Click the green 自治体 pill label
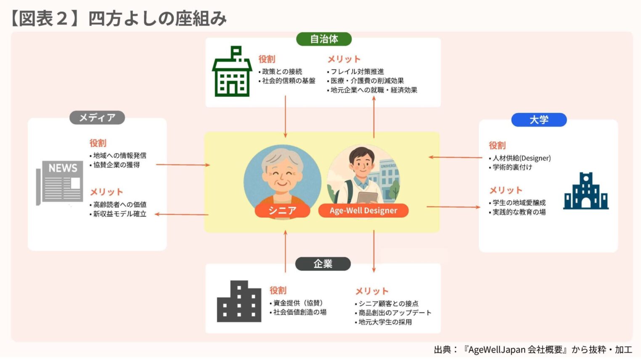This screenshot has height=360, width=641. (x=324, y=39)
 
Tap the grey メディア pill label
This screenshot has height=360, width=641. (x=97, y=118)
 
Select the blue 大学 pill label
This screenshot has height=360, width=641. (x=539, y=120)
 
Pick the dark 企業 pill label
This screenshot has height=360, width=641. (x=323, y=264)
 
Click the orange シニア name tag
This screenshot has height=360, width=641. (x=282, y=210)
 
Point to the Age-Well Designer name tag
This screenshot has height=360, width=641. (x=363, y=210)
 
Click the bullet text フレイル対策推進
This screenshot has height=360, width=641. (x=357, y=71)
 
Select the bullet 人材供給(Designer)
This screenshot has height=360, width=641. (x=522, y=158)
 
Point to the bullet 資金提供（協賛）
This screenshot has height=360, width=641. (x=298, y=303)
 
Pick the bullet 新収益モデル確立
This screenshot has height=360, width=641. (x=119, y=214)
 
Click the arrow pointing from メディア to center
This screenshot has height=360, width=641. (x=183, y=165)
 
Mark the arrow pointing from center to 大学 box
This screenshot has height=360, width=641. (x=453, y=207)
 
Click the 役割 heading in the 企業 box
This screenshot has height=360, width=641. (x=278, y=290)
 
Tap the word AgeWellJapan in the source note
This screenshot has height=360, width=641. (x=497, y=349)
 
